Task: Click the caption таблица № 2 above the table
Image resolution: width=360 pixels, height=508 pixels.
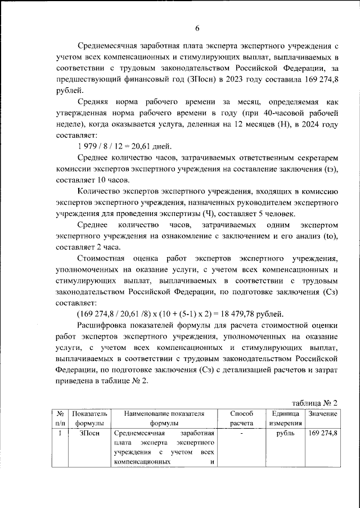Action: click(316, 403)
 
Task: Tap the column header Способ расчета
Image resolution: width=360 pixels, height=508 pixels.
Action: click(242, 418)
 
